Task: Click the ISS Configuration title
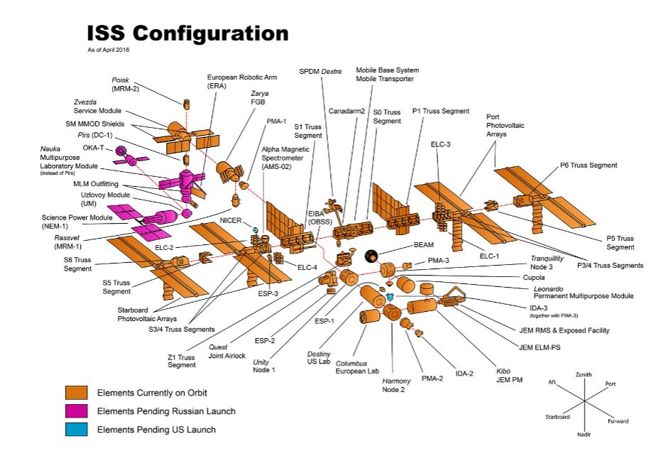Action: (x=187, y=33)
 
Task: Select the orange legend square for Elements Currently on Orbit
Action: (x=76, y=392)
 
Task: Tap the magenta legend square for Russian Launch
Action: (x=76, y=411)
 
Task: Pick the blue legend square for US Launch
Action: (x=76, y=430)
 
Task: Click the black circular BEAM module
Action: (x=371, y=256)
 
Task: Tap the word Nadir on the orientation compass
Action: (x=585, y=433)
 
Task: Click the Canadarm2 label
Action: (x=346, y=112)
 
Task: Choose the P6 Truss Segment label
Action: (x=589, y=165)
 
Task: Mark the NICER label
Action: (x=231, y=220)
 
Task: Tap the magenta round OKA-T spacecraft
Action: (x=122, y=151)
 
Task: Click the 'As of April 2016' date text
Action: (x=109, y=50)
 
